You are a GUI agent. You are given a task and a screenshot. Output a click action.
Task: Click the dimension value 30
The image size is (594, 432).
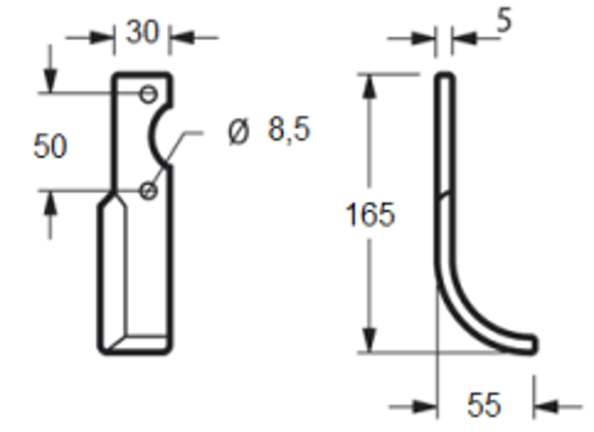(142, 32)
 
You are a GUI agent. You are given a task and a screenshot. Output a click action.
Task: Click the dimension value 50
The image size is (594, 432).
(50, 146)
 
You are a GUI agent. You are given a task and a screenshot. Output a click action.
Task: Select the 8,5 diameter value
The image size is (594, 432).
(290, 130)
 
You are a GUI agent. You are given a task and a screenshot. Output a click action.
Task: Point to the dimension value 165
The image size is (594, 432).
(370, 214)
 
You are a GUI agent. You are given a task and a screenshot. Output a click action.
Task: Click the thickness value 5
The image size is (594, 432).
(504, 21)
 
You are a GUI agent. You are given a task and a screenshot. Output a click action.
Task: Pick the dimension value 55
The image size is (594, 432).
(484, 406)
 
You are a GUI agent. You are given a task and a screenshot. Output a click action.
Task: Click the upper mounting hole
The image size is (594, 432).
(149, 94)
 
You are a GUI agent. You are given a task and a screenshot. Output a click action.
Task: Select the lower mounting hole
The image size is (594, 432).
(149, 190)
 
